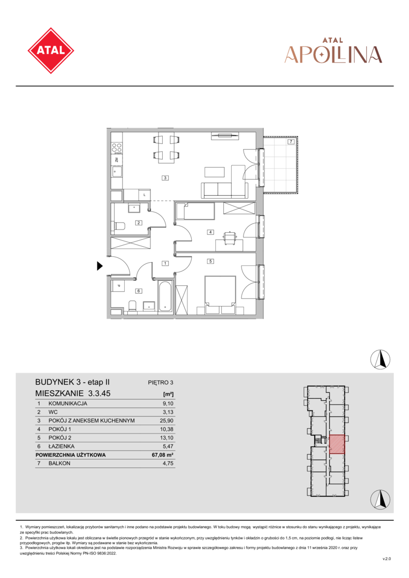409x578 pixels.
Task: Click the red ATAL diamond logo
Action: (51, 50)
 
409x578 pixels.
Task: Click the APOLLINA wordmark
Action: (334, 55)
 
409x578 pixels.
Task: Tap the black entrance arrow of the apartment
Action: (100, 265)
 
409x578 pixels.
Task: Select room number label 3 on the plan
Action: (165, 178)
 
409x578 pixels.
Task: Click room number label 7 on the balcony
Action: (291, 141)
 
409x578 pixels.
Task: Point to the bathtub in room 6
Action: (165, 296)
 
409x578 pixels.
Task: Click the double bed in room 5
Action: (220, 295)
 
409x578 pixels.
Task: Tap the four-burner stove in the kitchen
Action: (117, 148)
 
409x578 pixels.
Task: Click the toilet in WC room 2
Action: (119, 226)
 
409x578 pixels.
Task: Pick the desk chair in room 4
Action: (229, 237)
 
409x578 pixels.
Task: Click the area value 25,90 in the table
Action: (168, 421)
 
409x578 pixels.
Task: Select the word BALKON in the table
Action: (59, 463)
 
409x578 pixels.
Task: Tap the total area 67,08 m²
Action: (163, 455)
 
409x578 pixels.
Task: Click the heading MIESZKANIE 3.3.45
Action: (73, 393)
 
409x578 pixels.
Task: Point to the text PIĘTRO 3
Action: (161, 383)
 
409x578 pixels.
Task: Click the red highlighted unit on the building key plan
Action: (337, 444)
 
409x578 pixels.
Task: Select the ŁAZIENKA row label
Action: (61, 446)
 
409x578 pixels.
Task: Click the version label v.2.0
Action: (387, 559)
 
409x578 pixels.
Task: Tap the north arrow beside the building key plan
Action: (380, 499)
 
